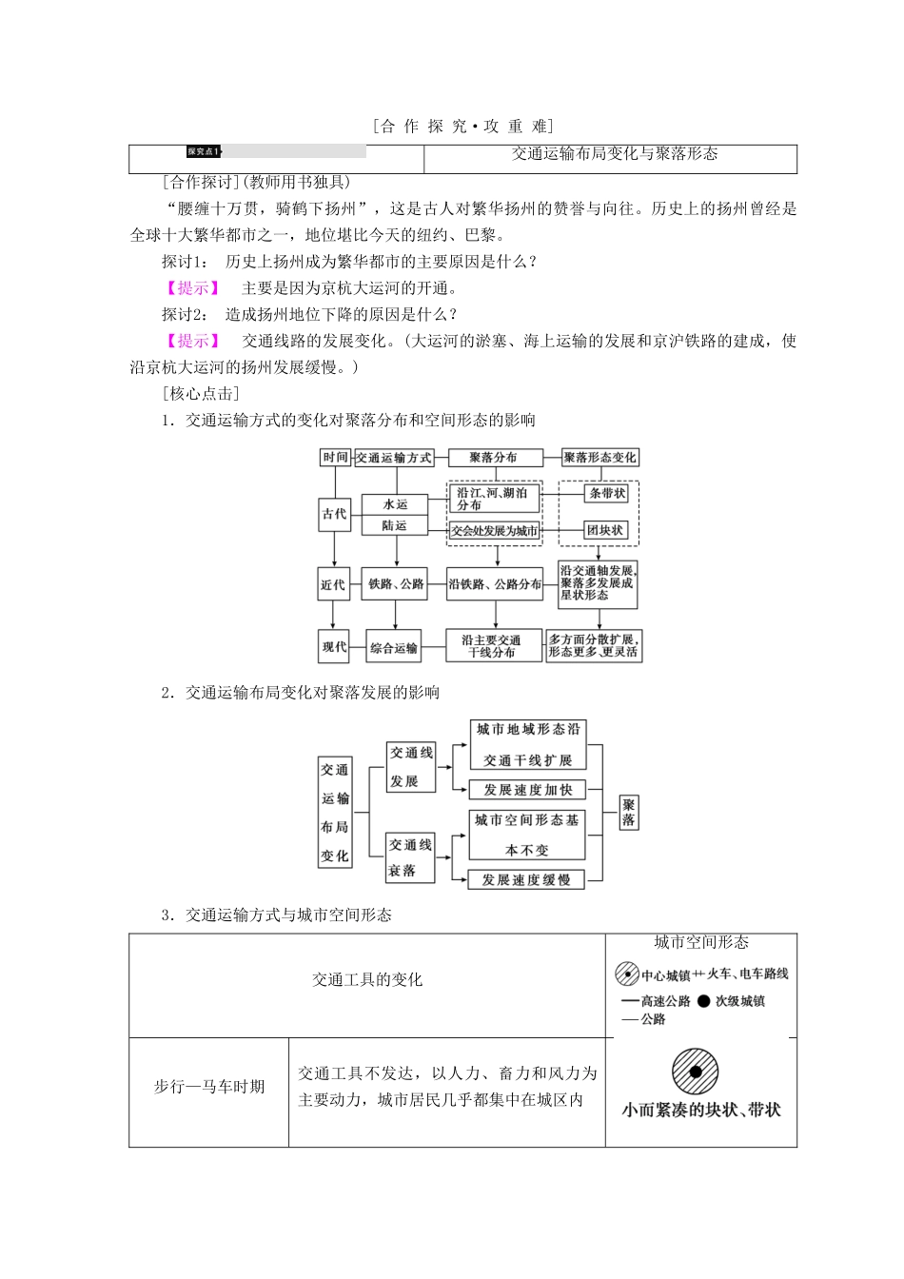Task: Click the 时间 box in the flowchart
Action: pos(335,458)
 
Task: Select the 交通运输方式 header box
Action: pos(394,458)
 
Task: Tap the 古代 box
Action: pos(334,514)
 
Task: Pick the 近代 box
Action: pos(333,584)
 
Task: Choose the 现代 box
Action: pos(334,647)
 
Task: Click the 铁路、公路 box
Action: pos(396,584)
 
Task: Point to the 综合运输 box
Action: pos(394,648)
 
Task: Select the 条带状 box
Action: pos(606,494)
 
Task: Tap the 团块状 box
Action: pos(605,530)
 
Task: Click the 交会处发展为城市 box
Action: pos(494,531)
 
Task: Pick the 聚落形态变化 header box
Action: pos(599,458)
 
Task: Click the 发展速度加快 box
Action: pos(527,790)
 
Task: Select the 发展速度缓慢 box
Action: pos(526,880)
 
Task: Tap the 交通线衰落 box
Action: pos(410,857)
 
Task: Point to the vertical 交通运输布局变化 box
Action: pos(334,812)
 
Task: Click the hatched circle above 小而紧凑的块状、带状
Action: pos(696,1072)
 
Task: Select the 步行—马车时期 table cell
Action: pos(209,1087)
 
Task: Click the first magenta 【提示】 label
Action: pos(192,288)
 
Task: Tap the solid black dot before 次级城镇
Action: pos(703,1001)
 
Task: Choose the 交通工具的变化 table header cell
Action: pos(367,980)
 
